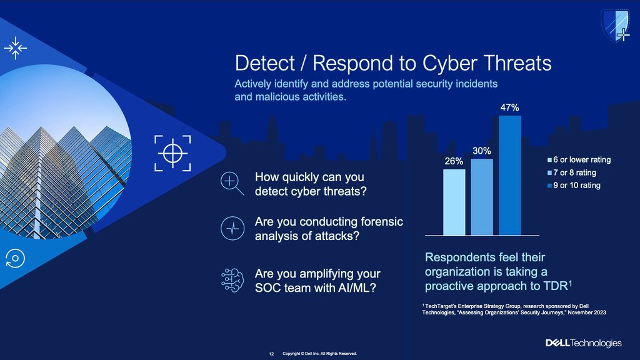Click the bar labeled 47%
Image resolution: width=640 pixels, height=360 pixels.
coord(510,176)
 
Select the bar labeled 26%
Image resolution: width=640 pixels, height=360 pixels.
coord(454,202)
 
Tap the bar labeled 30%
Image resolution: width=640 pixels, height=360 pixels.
coord(482,197)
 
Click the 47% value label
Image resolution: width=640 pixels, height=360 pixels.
coord(510,107)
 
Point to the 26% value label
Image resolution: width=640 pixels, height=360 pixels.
coord(454,161)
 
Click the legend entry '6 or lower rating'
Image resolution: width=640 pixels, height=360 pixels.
coord(579,159)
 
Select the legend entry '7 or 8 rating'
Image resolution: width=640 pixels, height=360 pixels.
coord(572,172)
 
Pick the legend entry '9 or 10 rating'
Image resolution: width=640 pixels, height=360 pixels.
coord(574,185)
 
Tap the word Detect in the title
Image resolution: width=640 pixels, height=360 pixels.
coord(264,63)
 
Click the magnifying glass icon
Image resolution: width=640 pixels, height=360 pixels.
coord(232,183)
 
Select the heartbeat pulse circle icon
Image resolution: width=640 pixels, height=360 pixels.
coord(232,228)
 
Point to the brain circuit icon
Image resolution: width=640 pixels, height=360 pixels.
coord(232,280)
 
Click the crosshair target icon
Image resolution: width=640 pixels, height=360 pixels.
coord(172,153)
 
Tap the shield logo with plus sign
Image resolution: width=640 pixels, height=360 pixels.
coord(616,25)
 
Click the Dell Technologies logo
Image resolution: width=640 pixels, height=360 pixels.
coord(584,343)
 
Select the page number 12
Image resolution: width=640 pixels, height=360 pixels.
coord(271,354)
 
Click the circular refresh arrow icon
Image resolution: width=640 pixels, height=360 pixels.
coord(15,258)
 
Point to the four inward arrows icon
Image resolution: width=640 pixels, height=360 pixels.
coord(16,48)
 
